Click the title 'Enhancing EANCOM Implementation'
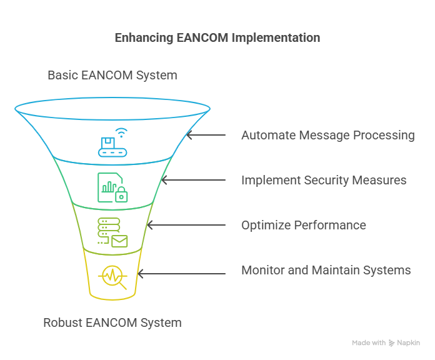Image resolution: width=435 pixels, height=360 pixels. (217, 38)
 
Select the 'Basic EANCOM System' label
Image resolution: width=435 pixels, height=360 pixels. (112, 76)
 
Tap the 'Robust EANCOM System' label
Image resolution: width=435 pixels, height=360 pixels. (112, 323)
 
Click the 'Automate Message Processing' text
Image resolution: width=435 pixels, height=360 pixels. (328, 135)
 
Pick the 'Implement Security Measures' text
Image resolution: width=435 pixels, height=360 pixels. (324, 180)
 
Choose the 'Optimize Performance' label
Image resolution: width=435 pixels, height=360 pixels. (304, 225)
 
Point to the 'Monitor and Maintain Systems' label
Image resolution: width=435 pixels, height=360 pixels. (326, 270)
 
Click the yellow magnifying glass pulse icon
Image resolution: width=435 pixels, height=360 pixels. (112, 277)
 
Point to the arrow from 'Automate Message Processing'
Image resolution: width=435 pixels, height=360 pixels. (206, 135)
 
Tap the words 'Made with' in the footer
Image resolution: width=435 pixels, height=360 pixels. (369, 342)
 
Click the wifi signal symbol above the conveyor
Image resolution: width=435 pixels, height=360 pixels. (121, 132)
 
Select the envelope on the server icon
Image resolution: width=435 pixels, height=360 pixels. (120, 241)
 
